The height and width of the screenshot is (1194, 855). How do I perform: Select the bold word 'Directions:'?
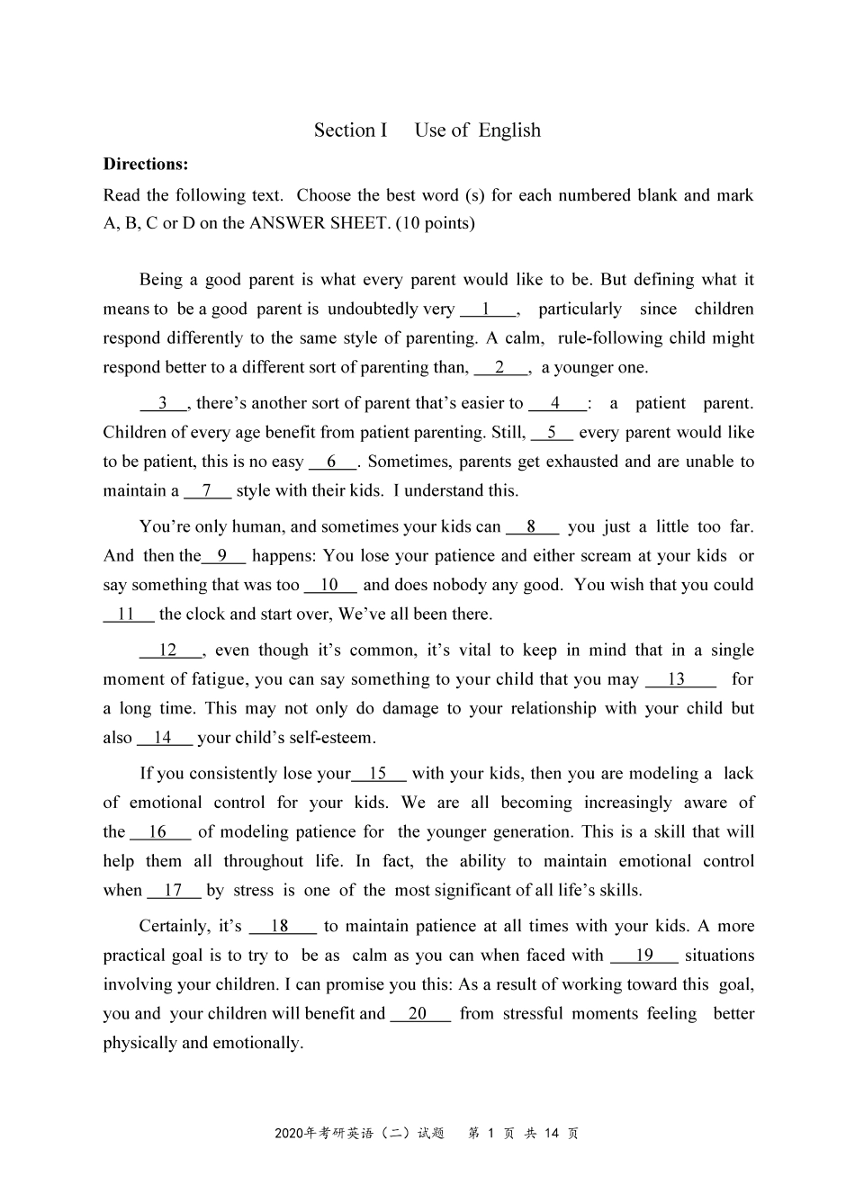[x=146, y=164]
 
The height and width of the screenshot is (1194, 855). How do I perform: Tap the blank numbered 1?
[x=487, y=310]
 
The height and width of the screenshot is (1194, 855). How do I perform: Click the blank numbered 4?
[x=555, y=404]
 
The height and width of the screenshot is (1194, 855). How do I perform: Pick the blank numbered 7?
[x=207, y=491]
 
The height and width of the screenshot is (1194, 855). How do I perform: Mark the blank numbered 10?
[x=329, y=586]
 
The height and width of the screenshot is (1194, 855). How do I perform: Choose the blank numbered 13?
[x=677, y=680]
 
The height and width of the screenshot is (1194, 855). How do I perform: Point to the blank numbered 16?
[x=158, y=832]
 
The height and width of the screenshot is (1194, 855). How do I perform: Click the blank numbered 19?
[x=644, y=956]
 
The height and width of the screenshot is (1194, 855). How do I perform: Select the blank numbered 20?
[x=418, y=1014]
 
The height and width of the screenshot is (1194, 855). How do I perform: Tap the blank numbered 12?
[x=168, y=651]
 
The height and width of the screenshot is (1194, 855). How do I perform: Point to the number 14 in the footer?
[x=553, y=1134]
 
